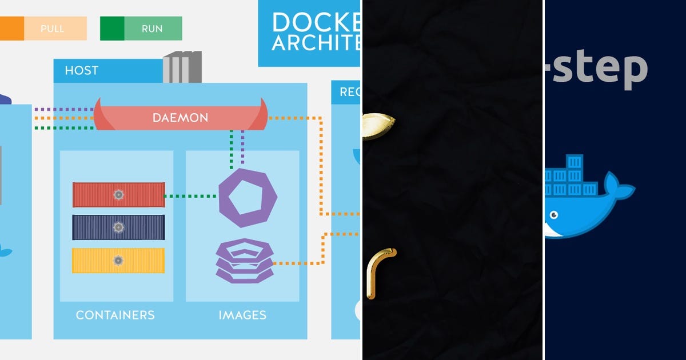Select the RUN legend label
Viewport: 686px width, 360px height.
click(152, 29)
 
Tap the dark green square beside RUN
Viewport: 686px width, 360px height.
click(112, 29)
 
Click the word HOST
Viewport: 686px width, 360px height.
click(81, 71)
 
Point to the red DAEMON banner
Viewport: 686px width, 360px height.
click(180, 118)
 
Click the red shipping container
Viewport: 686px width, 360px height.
click(118, 195)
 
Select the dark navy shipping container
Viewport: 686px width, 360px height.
click(118, 227)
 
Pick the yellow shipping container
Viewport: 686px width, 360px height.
click(118, 261)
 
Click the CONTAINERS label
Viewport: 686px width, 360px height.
click(115, 315)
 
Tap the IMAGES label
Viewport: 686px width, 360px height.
click(242, 315)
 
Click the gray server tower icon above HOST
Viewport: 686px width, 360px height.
click(182, 67)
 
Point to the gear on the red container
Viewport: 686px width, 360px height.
click(118, 195)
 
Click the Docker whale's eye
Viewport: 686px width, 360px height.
click(553, 215)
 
